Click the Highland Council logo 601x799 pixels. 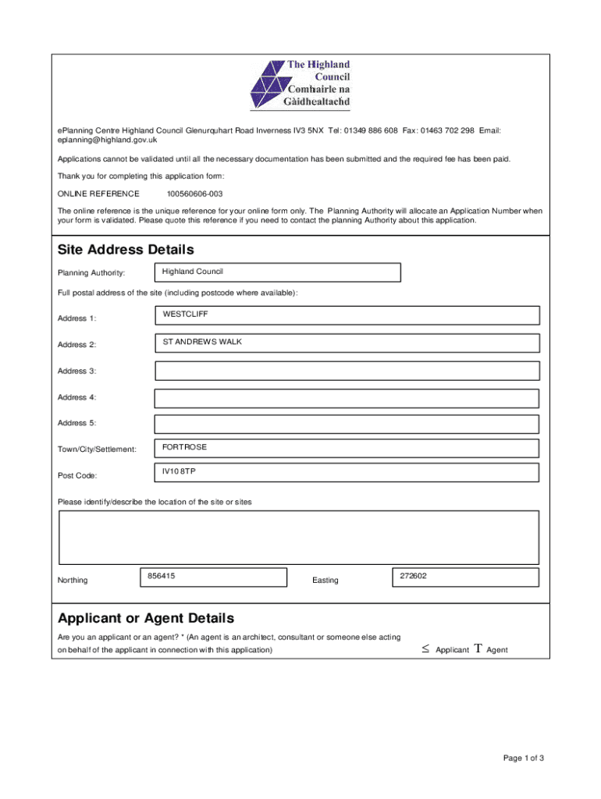click(x=300, y=85)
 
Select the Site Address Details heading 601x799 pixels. click(x=126, y=250)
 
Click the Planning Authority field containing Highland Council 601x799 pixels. click(x=277, y=272)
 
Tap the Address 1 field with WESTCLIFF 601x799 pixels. click(x=347, y=315)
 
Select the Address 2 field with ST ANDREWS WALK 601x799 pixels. click(x=347, y=343)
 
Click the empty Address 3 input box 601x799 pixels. click(x=347, y=371)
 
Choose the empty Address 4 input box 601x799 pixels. click(x=347, y=398)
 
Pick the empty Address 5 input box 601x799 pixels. click(x=347, y=424)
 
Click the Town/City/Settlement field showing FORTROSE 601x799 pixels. click(x=347, y=448)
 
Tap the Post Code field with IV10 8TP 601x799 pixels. click(x=347, y=474)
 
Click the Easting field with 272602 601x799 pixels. click(x=465, y=577)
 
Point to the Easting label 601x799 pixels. click(x=325, y=581)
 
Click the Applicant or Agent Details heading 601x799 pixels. click(x=146, y=619)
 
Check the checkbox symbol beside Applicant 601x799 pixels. click(x=426, y=649)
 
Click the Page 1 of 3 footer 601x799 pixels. click(x=523, y=758)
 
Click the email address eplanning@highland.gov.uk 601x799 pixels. click(x=108, y=140)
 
